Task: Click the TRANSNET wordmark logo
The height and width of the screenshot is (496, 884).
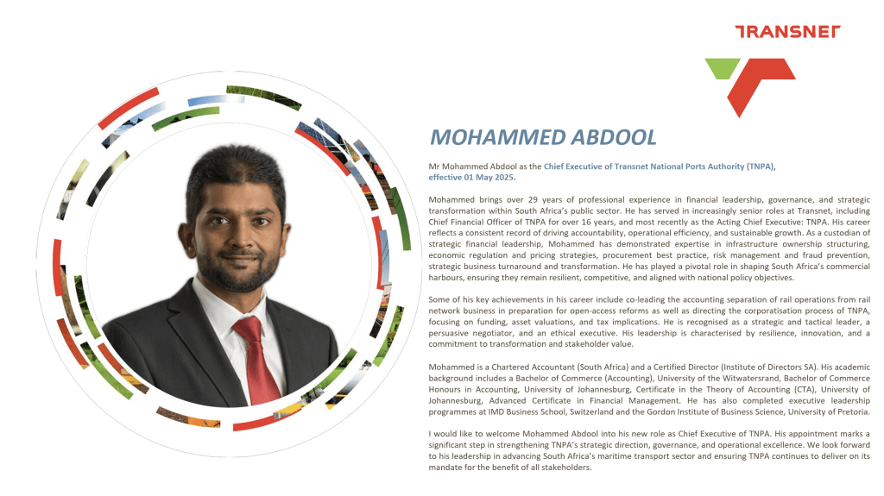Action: (x=786, y=32)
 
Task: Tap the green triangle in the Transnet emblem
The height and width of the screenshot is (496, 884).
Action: (x=721, y=68)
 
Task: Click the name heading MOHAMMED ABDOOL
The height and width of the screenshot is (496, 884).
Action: (x=543, y=137)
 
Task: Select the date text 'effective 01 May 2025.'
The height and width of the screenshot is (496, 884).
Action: (x=472, y=178)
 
